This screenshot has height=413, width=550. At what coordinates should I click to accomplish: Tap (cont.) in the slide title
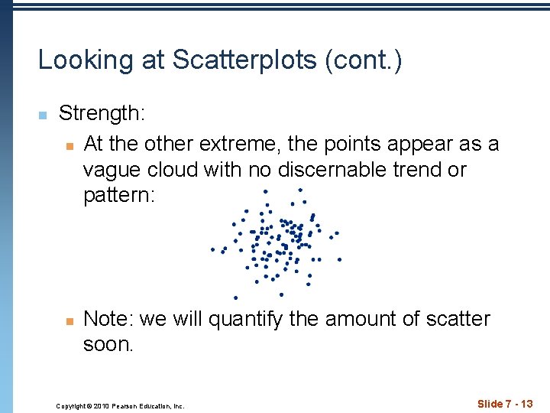364,60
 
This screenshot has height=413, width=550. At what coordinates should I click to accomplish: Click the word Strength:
102,114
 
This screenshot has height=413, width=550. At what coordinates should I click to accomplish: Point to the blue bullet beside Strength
43,115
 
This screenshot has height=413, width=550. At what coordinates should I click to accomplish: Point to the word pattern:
119,195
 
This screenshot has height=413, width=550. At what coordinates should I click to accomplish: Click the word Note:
108,319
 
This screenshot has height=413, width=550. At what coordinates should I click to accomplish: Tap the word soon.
108,344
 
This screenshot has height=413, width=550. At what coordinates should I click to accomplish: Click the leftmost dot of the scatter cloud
212,249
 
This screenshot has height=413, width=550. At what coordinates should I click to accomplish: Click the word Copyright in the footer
71,406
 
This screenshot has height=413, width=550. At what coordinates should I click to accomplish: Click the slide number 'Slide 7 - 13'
504,404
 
